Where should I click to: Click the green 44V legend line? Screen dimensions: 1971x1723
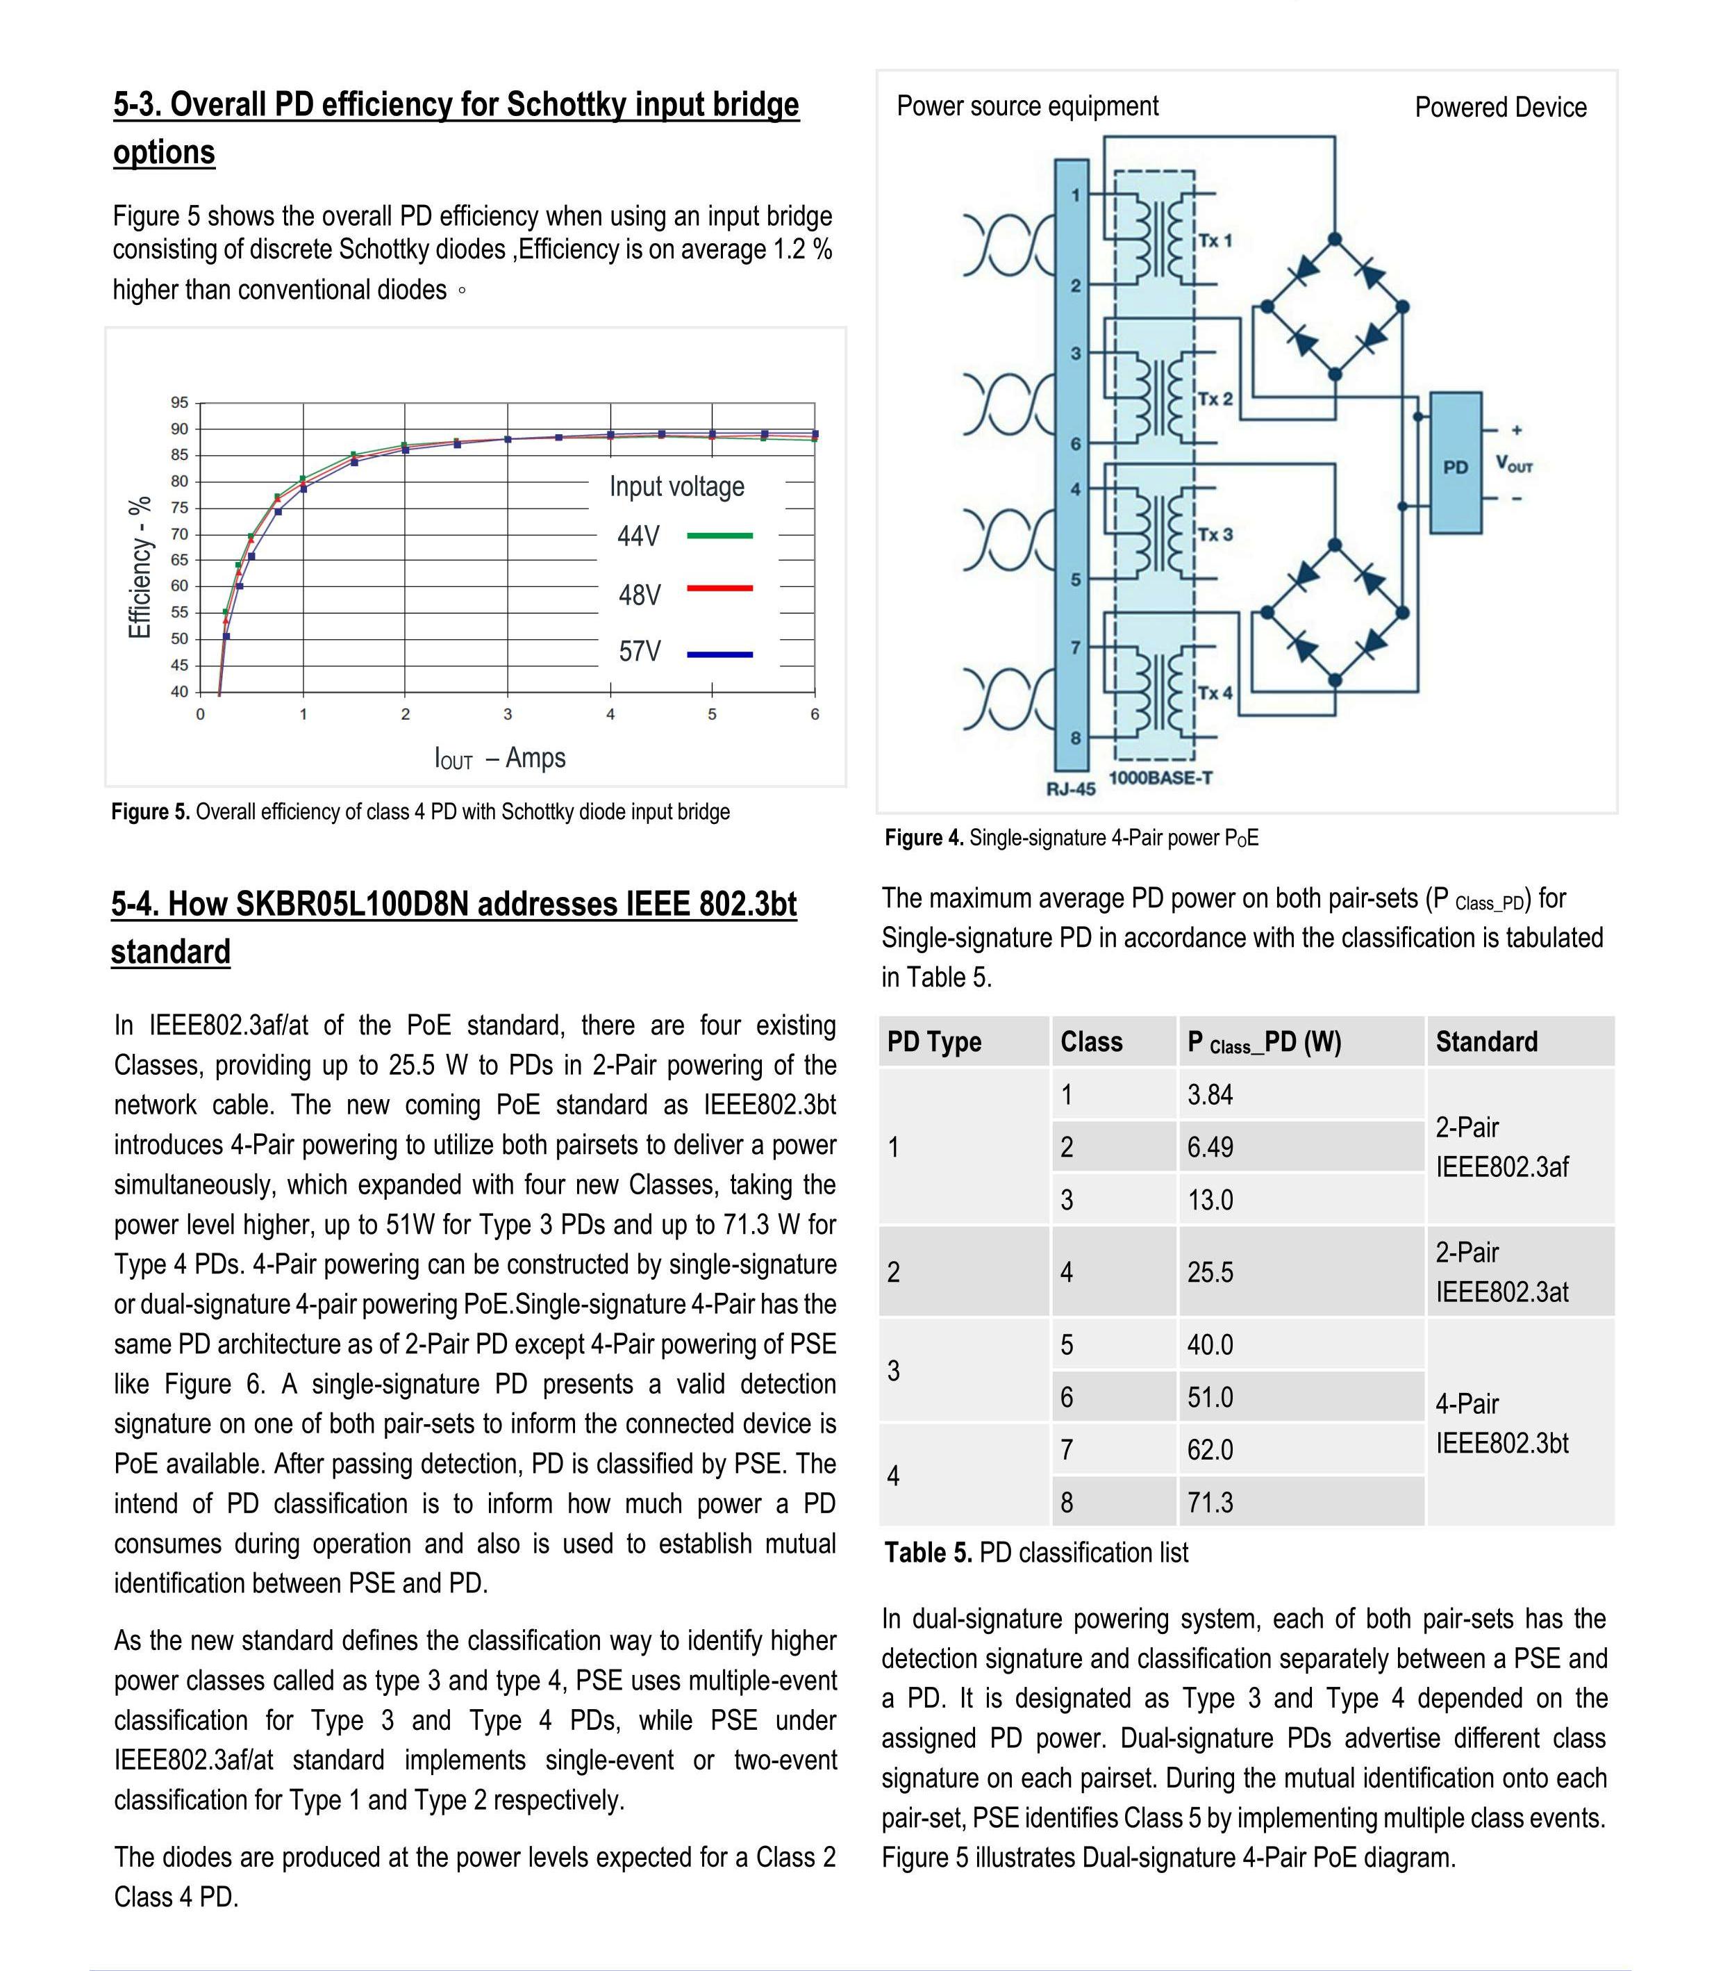719,535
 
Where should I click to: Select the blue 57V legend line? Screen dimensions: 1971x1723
719,654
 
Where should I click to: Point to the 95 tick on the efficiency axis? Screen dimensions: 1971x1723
180,402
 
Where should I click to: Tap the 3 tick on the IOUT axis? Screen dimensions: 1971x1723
508,714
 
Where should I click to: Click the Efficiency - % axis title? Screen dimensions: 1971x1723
140,567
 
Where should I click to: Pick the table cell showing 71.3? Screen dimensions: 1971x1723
1210,1501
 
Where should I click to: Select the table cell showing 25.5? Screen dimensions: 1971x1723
1210,1271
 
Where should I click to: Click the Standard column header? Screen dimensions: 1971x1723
1485,1041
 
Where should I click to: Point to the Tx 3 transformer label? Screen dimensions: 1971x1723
1215,534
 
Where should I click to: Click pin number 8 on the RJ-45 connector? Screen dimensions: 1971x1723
1076,738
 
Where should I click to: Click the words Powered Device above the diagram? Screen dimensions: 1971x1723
1500,108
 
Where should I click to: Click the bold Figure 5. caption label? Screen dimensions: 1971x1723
151,812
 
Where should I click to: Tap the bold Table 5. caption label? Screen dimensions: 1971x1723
928,1553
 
